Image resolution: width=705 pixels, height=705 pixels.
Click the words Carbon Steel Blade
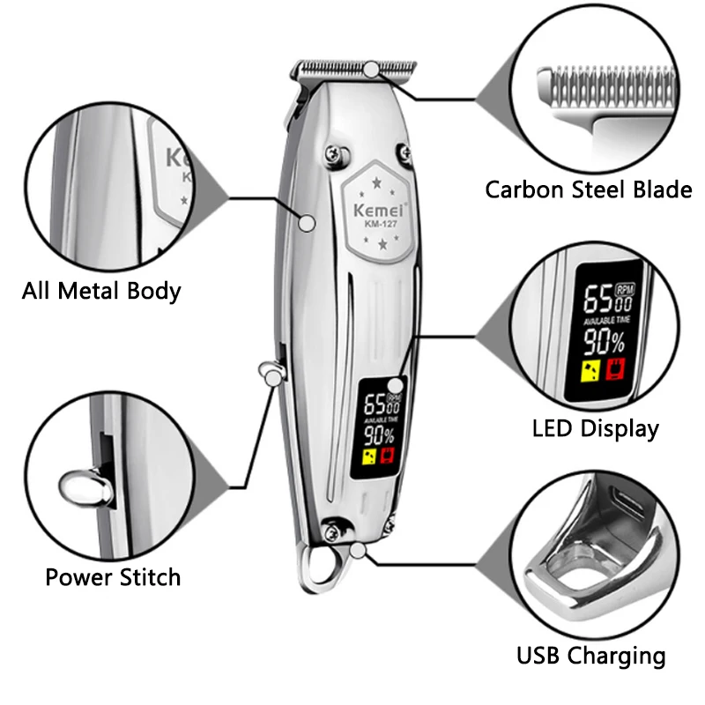[589, 189]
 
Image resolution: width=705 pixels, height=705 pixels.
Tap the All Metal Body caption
[101, 291]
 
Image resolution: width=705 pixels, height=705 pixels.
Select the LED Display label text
[596, 429]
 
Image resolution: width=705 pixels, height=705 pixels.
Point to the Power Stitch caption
[113, 578]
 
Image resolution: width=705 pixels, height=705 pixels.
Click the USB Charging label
[590, 656]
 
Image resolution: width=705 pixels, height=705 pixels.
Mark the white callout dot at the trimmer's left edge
[307, 224]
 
